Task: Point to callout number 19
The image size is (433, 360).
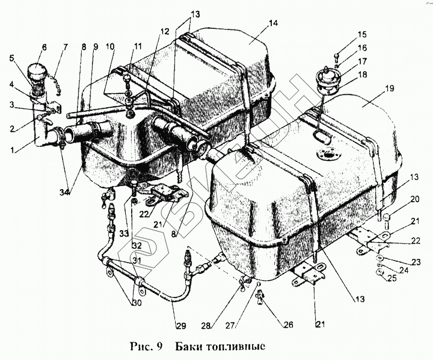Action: (x=389, y=88)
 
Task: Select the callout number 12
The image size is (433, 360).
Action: (x=165, y=32)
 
